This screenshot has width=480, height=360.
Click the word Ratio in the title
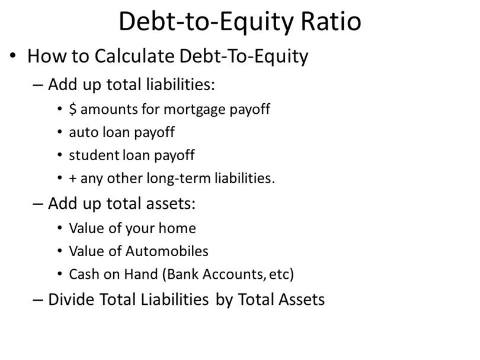point(331,21)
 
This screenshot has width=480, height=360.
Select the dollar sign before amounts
point(72,109)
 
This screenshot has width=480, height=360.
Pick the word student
point(94,155)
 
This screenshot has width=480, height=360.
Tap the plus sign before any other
point(72,179)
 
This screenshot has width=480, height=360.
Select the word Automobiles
point(167,251)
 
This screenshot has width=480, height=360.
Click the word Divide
point(71,300)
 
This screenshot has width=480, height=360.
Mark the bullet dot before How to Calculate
point(12,56)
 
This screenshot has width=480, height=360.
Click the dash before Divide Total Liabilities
point(37,300)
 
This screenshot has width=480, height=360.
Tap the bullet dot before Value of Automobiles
point(60,251)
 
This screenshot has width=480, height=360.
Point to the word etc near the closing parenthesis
point(279,274)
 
